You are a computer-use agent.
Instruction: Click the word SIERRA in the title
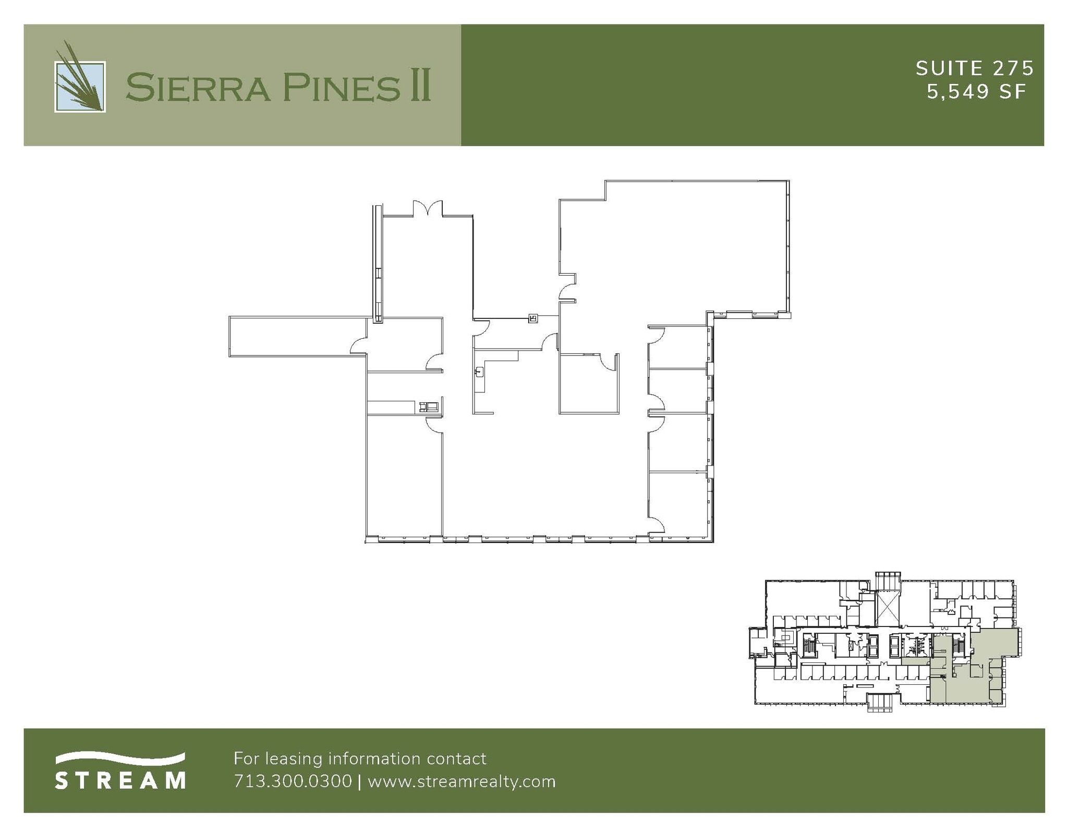coord(198,87)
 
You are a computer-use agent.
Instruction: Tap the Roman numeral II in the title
coord(420,87)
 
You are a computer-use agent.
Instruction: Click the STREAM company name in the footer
coord(120,781)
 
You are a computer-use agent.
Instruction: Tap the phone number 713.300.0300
coord(293,782)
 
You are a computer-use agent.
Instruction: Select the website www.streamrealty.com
coord(462,782)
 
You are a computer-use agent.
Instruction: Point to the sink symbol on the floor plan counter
coord(479,372)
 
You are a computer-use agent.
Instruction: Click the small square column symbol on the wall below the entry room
coord(533,317)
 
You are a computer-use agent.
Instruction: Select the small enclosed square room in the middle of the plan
coord(588,384)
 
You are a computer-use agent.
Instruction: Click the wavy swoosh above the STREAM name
coord(120,757)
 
